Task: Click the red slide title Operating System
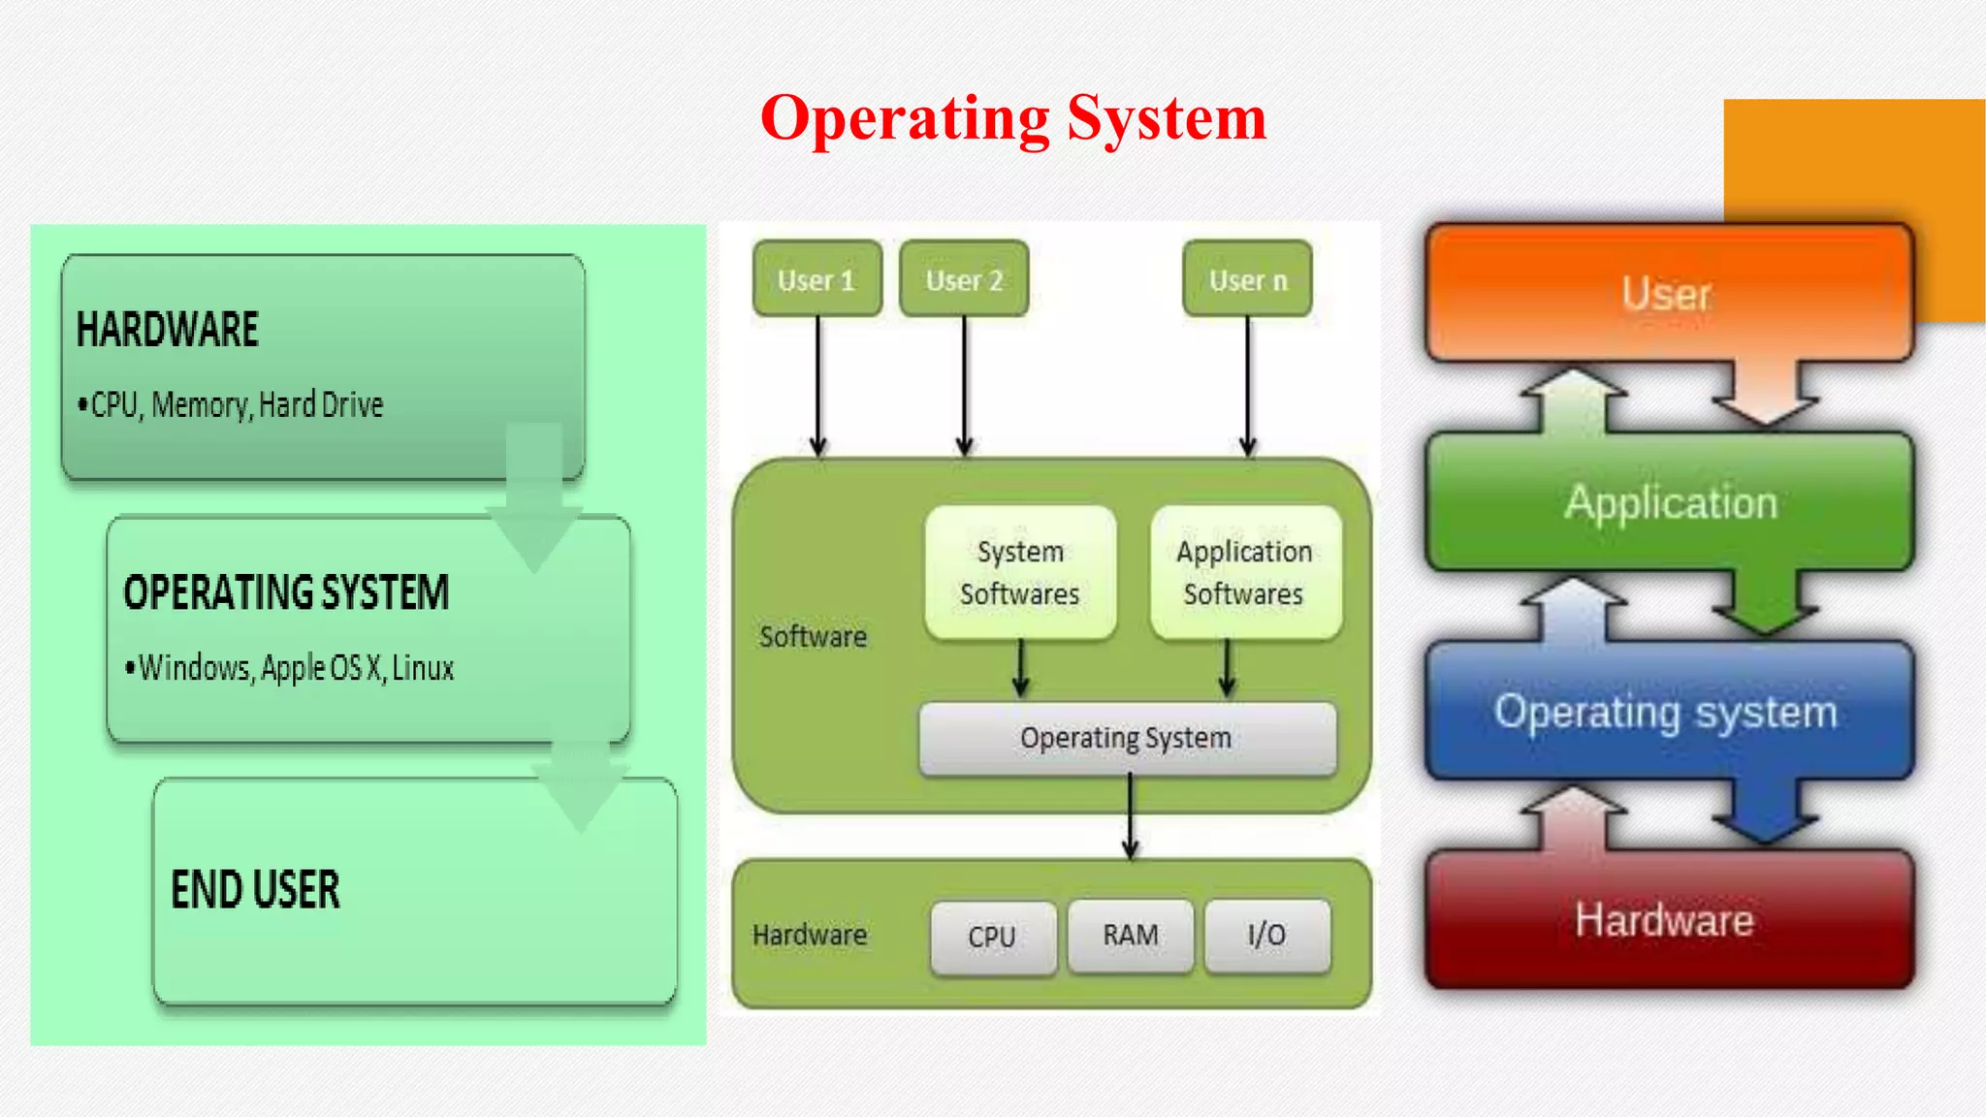(x=1013, y=118)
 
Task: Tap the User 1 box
(x=817, y=279)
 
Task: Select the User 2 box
(x=964, y=279)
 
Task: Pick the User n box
(x=1247, y=279)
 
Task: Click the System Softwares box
(x=1020, y=572)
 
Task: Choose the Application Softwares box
(x=1245, y=572)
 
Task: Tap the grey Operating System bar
(x=1127, y=739)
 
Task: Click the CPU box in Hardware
(x=992, y=937)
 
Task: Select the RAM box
(x=1131, y=936)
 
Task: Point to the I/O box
(x=1267, y=936)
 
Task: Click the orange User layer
(x=1668, y=293)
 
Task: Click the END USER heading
(x=256, y=890)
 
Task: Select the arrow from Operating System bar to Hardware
(x=1130, y=816)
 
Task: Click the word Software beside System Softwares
(x=813, y=637)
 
